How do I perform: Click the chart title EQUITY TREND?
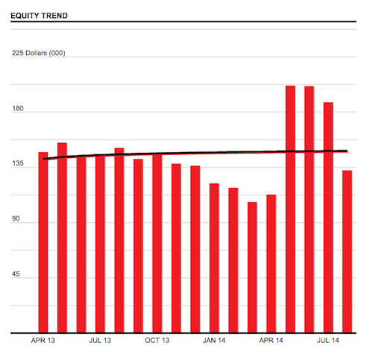click(x=39, y=14)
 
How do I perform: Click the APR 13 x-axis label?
click(x=43, y=341)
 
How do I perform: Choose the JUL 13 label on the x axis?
click(x=100, y=341)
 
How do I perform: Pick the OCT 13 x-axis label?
click(x=157, y=341)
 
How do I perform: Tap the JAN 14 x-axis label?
click(x=214, y=341)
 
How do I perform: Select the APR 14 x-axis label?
click(x=272, y=341)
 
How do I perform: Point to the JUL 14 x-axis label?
click(x=328, y=341)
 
